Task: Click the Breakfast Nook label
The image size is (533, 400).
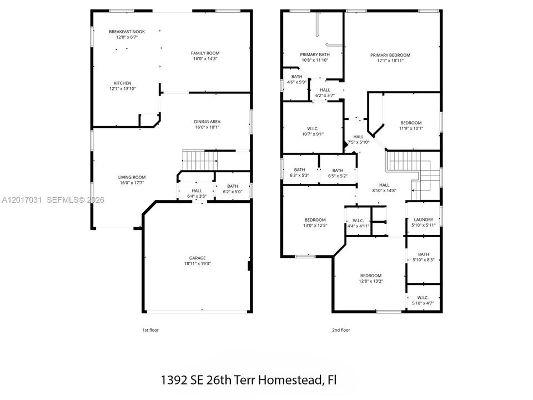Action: tap(127, 32)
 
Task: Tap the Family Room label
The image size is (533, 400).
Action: tap(205, 53)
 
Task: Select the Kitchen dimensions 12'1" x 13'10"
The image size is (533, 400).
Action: tap(122, 89)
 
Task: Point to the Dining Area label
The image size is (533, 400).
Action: tap(207, 122)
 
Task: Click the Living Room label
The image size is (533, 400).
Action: tap(132, 177)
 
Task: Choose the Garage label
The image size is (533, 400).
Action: tap(198, 258)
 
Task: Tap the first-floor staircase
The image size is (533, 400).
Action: tap(200, 160)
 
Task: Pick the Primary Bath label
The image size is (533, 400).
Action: tap(315, 54)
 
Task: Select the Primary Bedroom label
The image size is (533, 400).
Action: tap(390, 55)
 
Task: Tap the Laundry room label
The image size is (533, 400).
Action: tap(424, 220)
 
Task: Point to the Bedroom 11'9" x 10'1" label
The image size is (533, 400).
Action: tap(411, 123)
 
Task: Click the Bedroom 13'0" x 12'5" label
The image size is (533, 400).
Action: tap(315, 220)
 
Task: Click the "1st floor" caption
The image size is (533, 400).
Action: tap(150, 330)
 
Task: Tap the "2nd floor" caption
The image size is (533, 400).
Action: tap(341, 330)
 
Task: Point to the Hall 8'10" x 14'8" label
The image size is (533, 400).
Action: tap(384, 185)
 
